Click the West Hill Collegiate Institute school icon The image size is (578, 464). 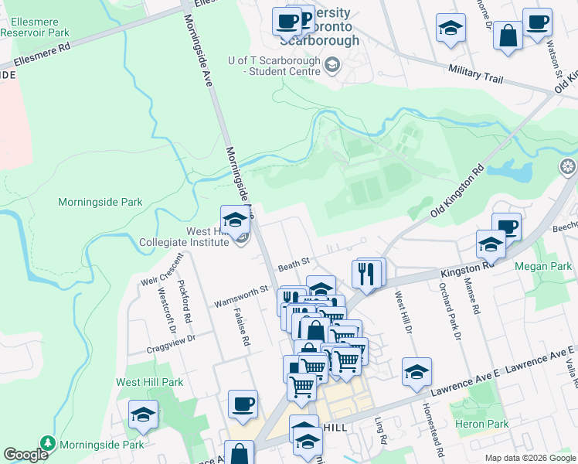235,220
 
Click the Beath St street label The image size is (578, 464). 294,262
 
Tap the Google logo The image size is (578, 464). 25,455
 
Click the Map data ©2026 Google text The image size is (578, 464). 529,458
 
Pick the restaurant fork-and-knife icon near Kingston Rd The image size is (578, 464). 366,275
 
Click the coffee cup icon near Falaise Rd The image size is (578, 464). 243,404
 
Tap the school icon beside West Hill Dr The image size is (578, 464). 416,373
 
